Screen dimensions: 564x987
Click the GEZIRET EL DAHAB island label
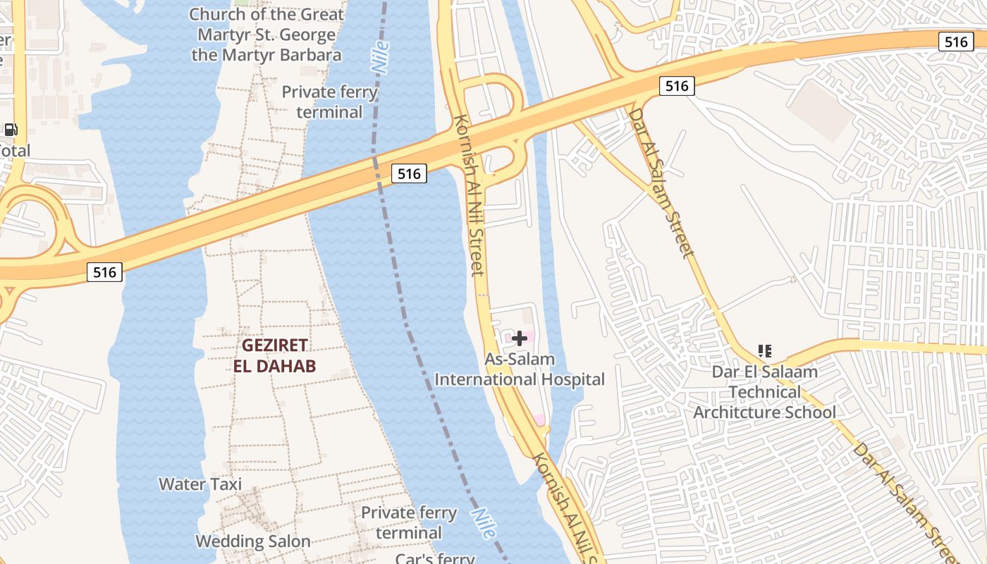point(275,355)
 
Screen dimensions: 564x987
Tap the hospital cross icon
point(520,338)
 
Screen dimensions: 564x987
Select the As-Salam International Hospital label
point(520,369)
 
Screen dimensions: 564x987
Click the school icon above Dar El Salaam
point(764,350)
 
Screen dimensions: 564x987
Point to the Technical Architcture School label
point(765,402)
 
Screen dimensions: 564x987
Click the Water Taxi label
point(200,484)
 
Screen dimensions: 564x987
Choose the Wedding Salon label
point(253,541)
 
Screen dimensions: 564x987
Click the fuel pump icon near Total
point(11,130)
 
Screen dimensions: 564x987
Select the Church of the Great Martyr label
point(266,35)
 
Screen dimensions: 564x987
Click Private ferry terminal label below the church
point(330,102)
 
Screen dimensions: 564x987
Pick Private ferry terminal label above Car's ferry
point(409,522)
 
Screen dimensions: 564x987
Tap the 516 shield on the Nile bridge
point(409,173)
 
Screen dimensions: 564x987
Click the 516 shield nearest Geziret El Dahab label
point(104,271)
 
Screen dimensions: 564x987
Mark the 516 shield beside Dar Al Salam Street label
point(677,86)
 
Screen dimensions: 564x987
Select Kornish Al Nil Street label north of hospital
point(470,195)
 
